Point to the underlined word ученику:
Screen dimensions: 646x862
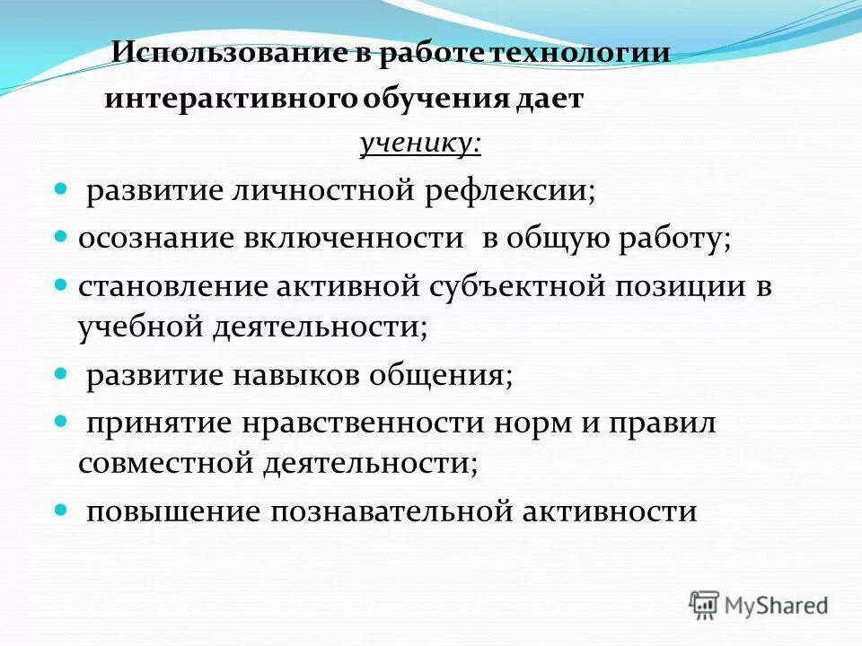(420, 144)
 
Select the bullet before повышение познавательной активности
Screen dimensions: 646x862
(62, 509)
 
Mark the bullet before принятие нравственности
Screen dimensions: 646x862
(62, 420)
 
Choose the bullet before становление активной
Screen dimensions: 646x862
(62, 284)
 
